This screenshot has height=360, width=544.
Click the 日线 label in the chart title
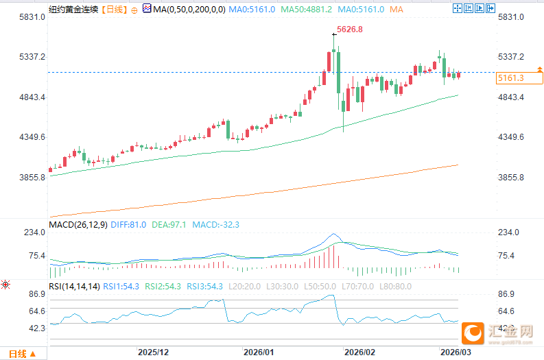[x=114, y=10]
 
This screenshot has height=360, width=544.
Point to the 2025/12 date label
[x=153, y=352]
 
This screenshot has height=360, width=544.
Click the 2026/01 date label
[x=259, y=352]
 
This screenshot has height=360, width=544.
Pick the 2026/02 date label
[x=361, y=352]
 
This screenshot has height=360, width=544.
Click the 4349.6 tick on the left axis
[x=32, y=137]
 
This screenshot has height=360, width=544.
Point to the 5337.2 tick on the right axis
[x=511, y=57]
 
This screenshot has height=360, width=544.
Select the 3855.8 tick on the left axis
[x=32, y=178]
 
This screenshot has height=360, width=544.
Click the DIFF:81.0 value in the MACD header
[x=130, y=224]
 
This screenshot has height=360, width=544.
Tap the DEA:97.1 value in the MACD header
[x=169, y=224]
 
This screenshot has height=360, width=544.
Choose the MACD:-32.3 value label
[x=215, y=224]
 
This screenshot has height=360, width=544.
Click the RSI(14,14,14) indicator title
[x=74, y=286]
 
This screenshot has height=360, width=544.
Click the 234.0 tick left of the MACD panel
[x=34, y=233]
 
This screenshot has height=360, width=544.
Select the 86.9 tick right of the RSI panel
[x=506, y=294]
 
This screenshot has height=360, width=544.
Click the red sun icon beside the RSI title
[x=5, y=285]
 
